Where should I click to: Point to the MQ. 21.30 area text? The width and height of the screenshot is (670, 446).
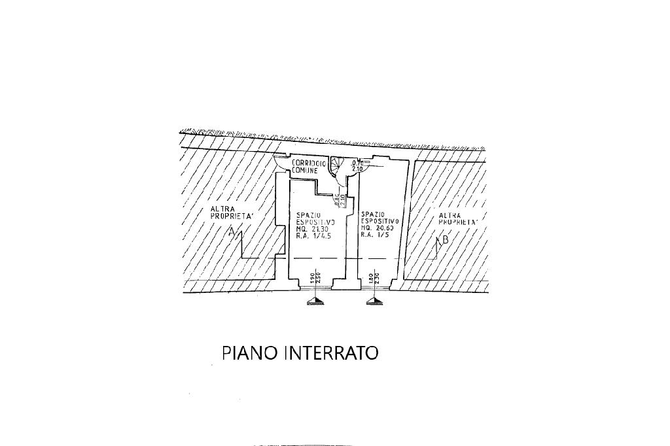pyautogui.click(x=311, y=228)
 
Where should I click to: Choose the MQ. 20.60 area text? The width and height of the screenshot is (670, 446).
pyautogui.click(x=379, y=228)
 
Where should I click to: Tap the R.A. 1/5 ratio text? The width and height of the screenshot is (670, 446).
pyautogui.click(x=376, y=235)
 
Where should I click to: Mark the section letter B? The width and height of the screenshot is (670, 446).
pyautogui.click(x=445, y=240)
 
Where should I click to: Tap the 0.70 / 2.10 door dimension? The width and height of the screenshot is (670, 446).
pyautogui.click(x=357, y=165)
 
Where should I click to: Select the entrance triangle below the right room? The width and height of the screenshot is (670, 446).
pyautogui.click(x=373, y=301)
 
